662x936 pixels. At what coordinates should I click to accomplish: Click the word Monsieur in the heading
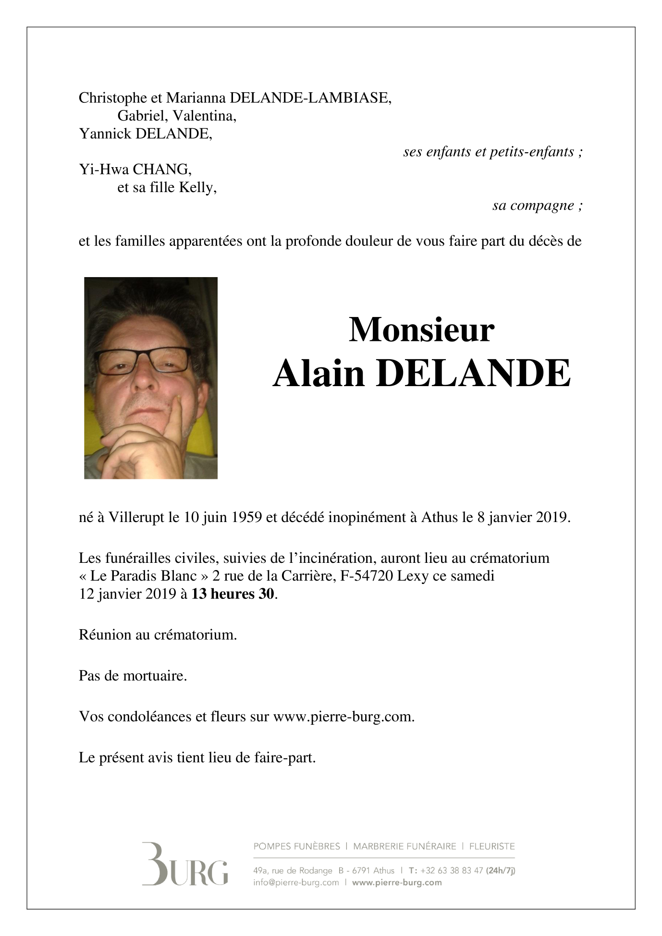[x=421, y=330]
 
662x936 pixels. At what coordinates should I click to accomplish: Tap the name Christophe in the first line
[x=112, y=98]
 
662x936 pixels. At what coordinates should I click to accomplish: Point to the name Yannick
[x=105, y=134]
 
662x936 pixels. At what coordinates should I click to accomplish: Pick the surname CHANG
[x=161, y=169]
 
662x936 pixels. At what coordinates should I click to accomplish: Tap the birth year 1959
[x=246, y=517]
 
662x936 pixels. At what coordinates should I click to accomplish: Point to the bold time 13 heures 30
[x=233, y=594]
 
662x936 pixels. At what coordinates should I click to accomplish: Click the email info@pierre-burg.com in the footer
[x=296, y=882]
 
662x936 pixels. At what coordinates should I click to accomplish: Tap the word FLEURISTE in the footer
[x=491, y=846]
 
